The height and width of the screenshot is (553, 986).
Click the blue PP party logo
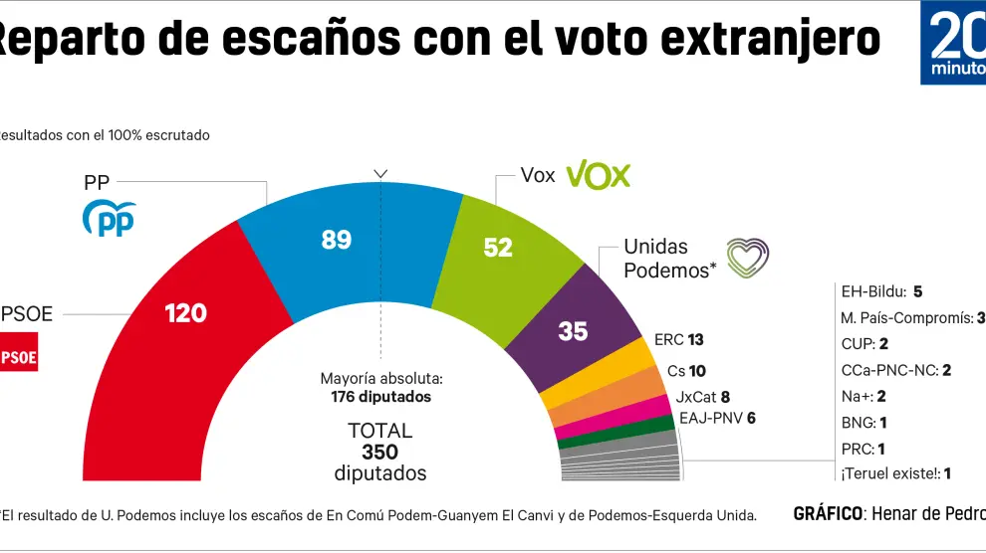pos(108,218)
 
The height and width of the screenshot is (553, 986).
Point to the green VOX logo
pos(599,176)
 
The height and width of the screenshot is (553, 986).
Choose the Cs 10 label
pos(685,371)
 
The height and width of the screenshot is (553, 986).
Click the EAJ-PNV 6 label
pos(716,418)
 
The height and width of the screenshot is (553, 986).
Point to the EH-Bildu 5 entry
pos(881,292)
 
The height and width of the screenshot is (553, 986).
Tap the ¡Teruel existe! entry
pos(895,474)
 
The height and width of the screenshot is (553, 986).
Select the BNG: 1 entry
pos(863,423)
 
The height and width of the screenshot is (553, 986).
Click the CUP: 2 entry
pos(863,344)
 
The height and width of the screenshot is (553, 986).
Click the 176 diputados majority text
pos(380,397)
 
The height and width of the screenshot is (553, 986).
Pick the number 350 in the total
pos(380,453)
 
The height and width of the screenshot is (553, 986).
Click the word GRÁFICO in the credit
pos(828,513)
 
